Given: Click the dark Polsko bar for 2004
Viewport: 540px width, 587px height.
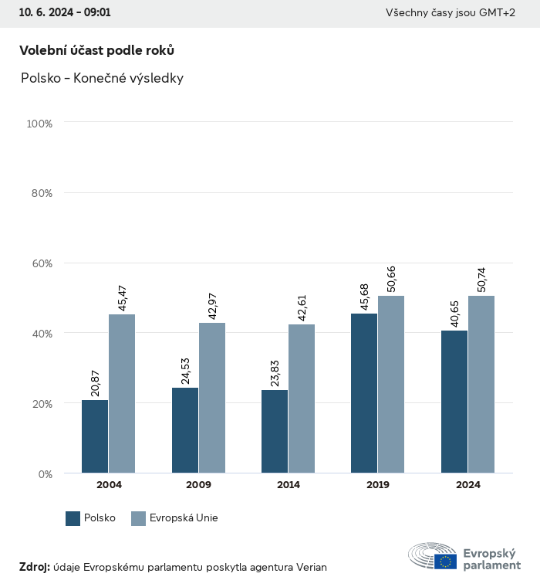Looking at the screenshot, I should coord(95,436).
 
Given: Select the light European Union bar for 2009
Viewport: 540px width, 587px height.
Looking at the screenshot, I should coord(212,398).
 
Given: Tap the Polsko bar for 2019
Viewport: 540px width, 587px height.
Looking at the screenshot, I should coord(364,393).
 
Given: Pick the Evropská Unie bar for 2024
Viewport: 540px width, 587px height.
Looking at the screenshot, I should coord(481,385).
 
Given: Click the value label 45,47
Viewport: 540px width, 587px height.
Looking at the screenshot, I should coord(122,297).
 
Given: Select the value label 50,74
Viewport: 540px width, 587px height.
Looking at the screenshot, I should coord(481,279).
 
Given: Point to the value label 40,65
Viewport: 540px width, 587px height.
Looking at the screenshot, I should coord(454,314).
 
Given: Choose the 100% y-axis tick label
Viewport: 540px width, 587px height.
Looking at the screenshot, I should coord(39,124).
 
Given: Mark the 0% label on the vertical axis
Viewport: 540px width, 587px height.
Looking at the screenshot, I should coord(45,474).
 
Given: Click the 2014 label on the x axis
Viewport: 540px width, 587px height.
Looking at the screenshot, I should coord(289,485).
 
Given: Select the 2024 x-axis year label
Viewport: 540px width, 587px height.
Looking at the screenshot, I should coord(468,485).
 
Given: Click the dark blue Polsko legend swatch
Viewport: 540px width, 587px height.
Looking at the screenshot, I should coord(73,518).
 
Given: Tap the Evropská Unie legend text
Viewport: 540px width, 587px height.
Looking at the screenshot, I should coord(184,518).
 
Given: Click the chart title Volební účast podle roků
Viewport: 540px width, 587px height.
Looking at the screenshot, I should coord(96,50).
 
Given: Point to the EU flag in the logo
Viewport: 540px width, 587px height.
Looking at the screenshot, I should coord(445,562).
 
